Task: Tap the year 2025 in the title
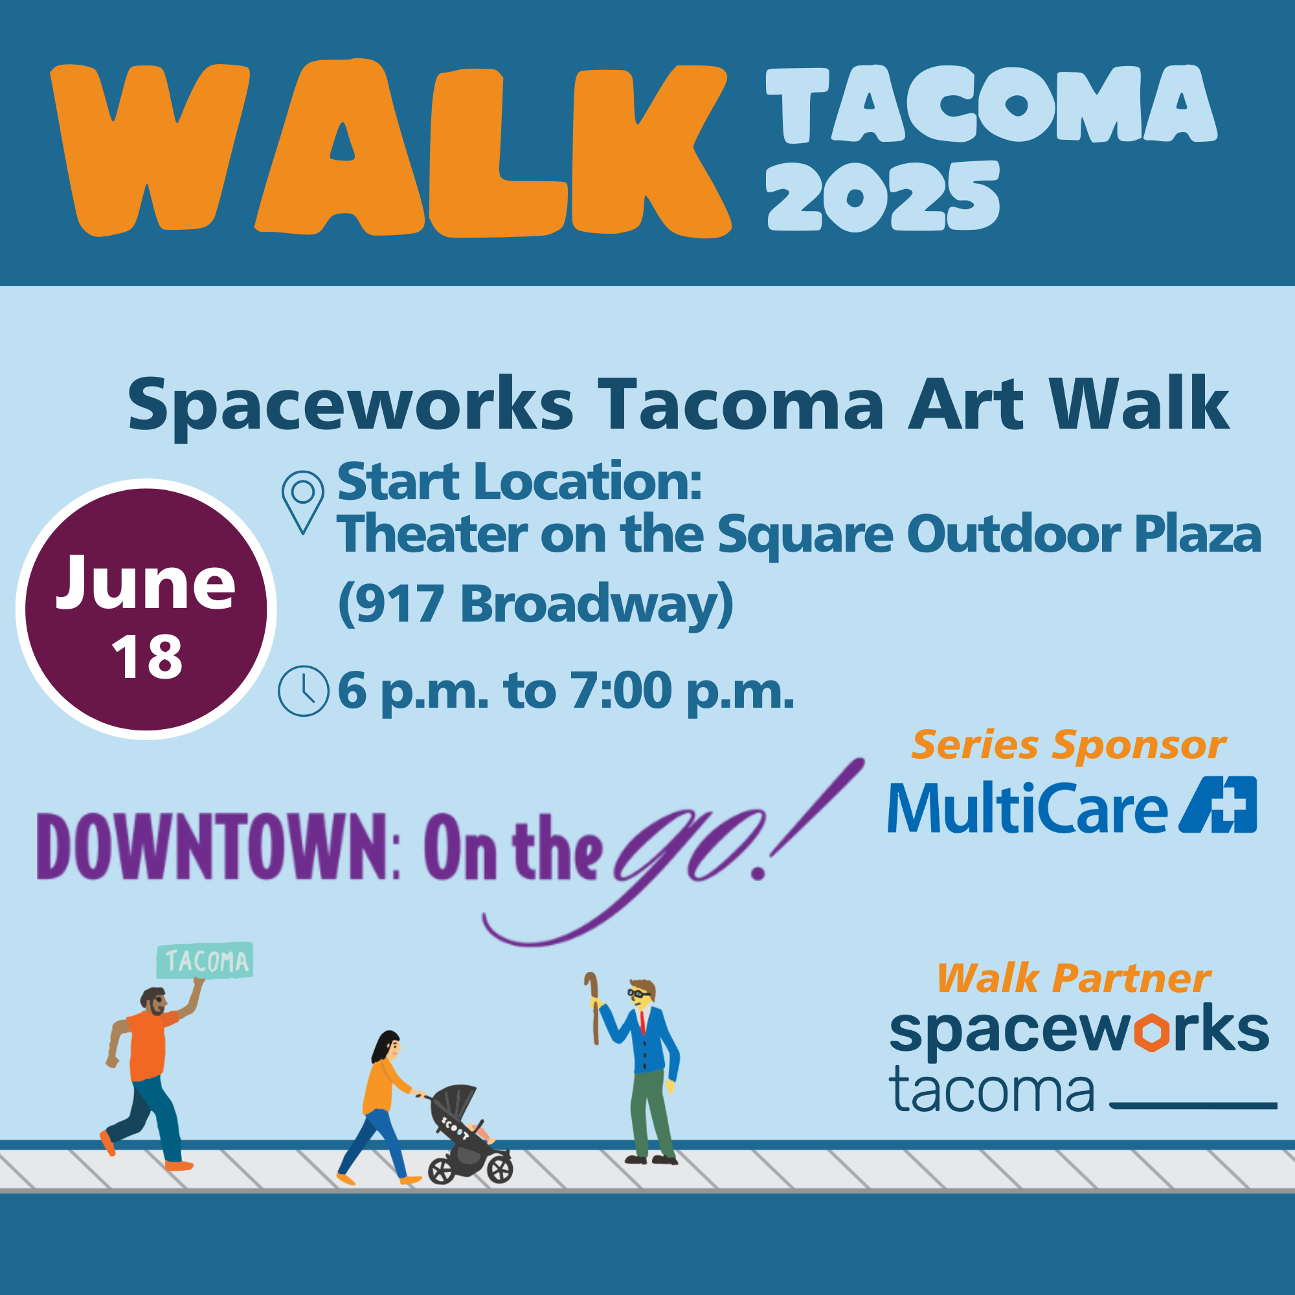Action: tap(883, 196)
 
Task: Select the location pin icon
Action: tap(303, 502)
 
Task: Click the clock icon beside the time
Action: tap(304, 691)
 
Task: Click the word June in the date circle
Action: tap(146, 583)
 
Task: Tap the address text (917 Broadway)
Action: tap(535, 605)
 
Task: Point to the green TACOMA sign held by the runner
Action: tap(205, 960)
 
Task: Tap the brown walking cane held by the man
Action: tap(592, 1008)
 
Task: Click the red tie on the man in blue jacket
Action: tap(642, 1022)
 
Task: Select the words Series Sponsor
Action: tap(1068, 745)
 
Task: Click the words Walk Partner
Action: tap(1074, 978)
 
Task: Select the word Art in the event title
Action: tap(966, 404)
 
